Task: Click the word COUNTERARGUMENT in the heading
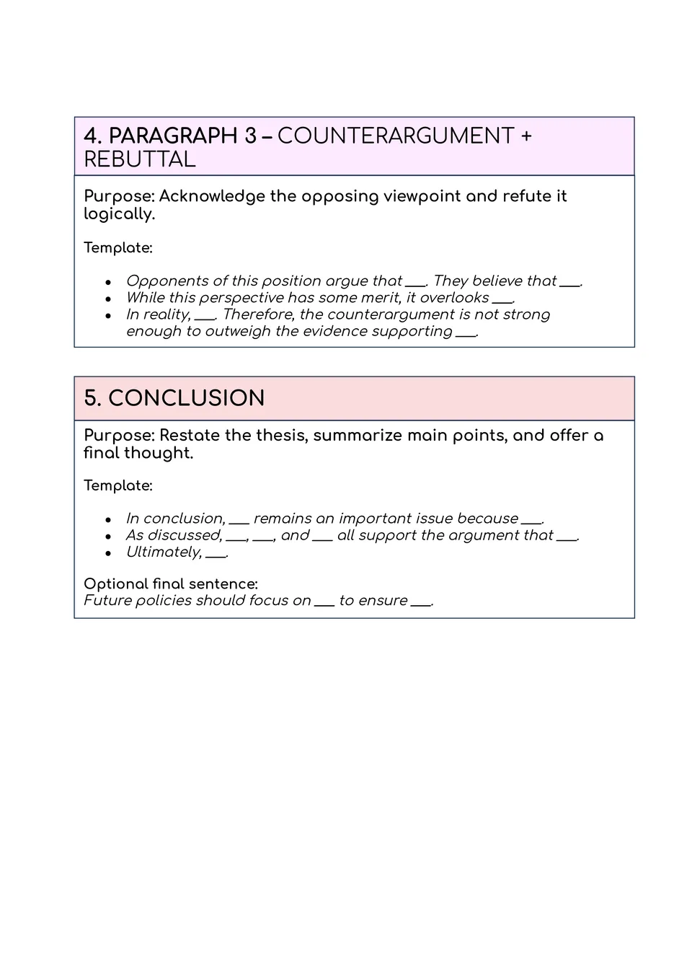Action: pyautogui.click(x=396, y=136)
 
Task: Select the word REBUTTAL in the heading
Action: pyautogui.click(x=140, y=159)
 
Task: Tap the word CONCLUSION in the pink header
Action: pyautogui.click(x=186, y=398)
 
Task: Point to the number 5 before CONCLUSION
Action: pyautogui.click(x=91, y=398)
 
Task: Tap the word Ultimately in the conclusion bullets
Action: pyautogui.click(x=163, y=552)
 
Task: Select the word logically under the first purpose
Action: pyautogui.click(x=119, y=214)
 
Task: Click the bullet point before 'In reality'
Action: pyautogui.click(x=108, y=315)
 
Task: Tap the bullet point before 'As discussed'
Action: pyautogui.click(x=108, y=537)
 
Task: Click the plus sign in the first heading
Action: pyautogui.click(x=525, y=136)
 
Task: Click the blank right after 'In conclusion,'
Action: pyautogui.click(x=239, y=521)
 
